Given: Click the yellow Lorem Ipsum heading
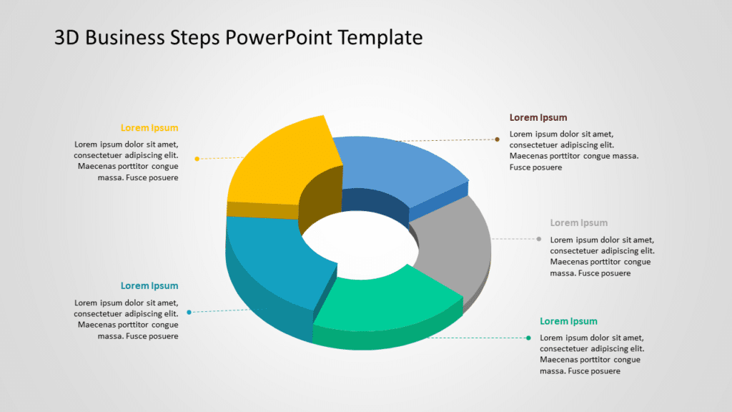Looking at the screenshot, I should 149,128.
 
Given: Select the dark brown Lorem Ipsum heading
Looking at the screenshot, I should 538,117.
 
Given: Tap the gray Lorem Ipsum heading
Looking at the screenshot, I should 579,223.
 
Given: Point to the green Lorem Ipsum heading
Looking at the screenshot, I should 568,321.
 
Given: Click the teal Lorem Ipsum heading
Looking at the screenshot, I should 149,286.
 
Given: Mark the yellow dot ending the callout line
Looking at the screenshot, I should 197,158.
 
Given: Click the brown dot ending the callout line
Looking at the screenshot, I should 498,139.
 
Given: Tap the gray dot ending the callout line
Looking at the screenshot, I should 539,239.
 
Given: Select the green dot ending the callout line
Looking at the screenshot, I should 528,338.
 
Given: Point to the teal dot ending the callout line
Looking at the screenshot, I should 189,312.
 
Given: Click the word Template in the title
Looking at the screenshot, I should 381,37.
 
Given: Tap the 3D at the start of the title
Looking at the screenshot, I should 67,37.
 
